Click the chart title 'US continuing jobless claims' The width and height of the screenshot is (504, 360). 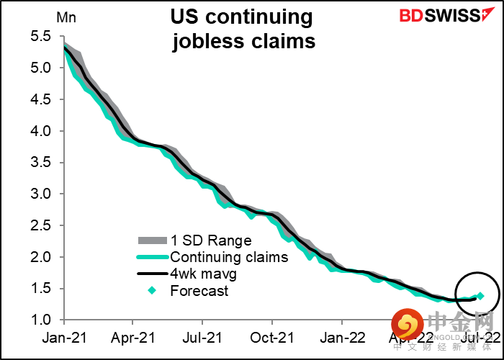(x=243, y=30)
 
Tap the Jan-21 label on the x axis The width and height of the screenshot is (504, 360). (x=65, y=336)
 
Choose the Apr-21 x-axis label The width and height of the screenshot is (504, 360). (x=134, y=336)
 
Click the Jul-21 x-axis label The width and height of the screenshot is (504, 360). (x=204, y=336)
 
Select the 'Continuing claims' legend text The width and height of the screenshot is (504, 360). (x=228, y=257)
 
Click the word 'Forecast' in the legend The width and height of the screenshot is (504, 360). (x=199, y=291)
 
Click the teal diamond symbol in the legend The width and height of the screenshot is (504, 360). (x=151, y=291)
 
